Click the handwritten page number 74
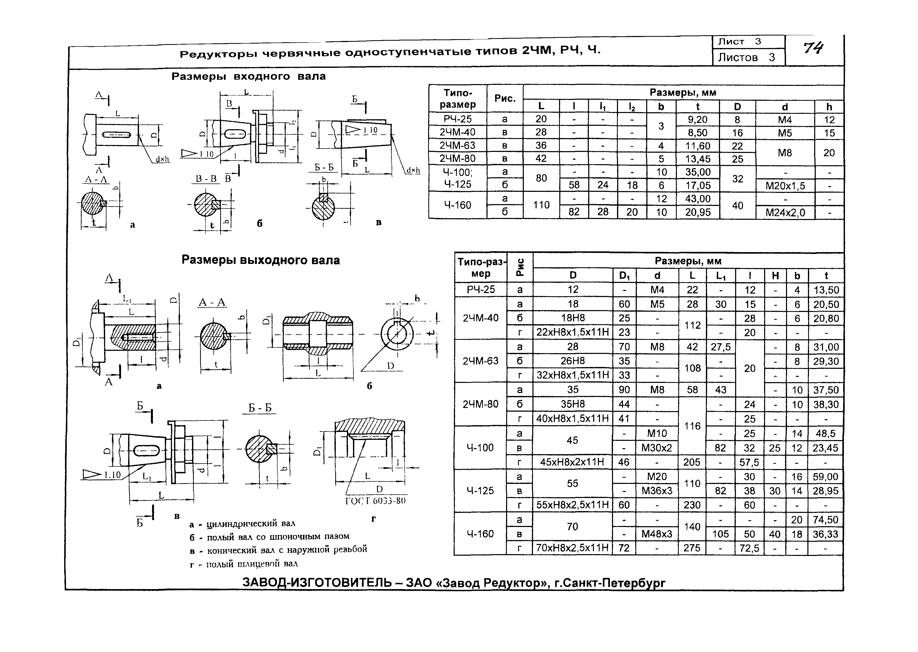click(x=813, y=49)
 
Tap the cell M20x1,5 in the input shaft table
click(x=785, y=186)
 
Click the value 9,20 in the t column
click(x=698, y=119)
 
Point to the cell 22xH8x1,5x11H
click(x=573, y=333)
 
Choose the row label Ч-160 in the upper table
click(x=457, y=205)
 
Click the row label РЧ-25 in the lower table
click(x=480, y=289)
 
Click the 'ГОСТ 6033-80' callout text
click(x=376, y=501)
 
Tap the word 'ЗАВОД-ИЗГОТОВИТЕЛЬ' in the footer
click(x=317, y=582)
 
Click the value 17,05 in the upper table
click(x=698, y=186)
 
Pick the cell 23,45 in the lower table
click(x=825, y=448)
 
